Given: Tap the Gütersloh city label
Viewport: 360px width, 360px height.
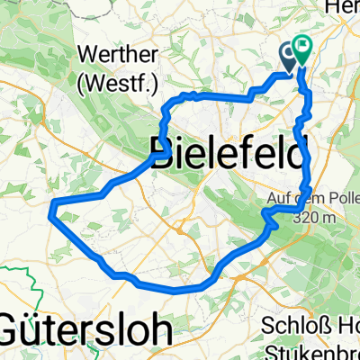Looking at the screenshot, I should point(85,328).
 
